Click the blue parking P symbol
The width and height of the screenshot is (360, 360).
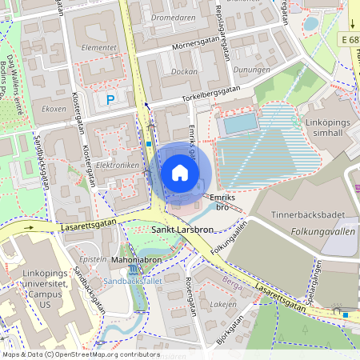(x=110, y=99)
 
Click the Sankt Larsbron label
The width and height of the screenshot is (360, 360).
(x=182, y=230)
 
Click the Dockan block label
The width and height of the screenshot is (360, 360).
(x=183, y=71)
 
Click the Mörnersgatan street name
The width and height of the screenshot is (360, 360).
(x=201, y=46)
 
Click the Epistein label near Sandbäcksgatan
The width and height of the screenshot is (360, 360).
(x=94, y=260)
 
